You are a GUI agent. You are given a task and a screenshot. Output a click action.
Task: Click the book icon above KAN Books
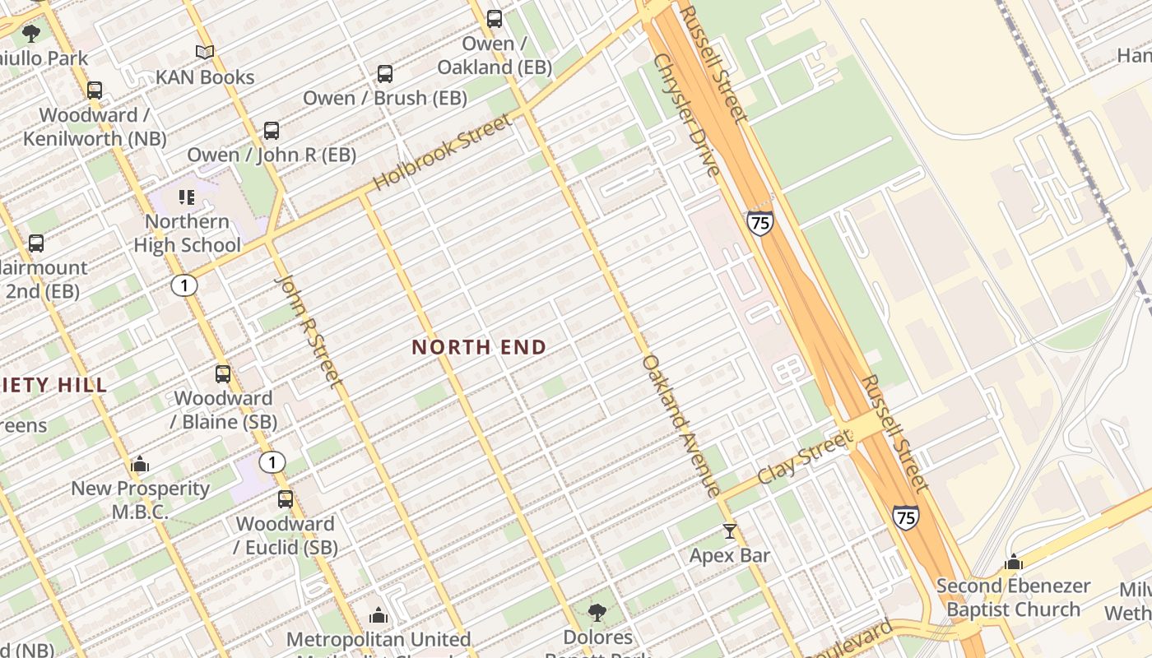click(205, 53)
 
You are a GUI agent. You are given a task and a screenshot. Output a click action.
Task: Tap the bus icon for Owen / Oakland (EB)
click(494, 18)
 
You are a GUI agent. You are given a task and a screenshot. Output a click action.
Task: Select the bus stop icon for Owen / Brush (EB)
click(384, 74)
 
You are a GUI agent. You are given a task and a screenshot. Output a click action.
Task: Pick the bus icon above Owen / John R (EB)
click(271, 131)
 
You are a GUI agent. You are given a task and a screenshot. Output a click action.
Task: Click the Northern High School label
click(187, 233)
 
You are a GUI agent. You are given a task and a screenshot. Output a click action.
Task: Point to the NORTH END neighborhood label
click(479, 347)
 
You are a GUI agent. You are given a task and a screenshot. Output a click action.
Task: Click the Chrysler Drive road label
click(686, 115)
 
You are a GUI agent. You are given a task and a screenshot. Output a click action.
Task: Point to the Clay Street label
click(804, 458)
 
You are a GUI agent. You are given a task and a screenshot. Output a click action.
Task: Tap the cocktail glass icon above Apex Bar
click(729, 531)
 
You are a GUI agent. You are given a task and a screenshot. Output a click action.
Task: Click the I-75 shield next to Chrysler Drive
click(760, 223)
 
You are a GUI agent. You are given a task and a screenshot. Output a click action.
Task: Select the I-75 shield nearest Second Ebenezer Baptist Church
click(905, 517)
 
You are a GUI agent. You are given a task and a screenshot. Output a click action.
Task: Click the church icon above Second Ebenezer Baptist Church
click(1014, 563)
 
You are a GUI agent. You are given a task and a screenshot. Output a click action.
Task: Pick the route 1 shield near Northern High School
click(184, 285)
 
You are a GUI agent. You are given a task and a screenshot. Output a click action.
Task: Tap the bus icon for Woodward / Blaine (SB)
click(222, 374)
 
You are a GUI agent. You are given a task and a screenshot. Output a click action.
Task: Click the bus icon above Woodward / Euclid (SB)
click(285, 499)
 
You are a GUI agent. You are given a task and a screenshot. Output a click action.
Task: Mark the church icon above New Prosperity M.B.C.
click(140, 465)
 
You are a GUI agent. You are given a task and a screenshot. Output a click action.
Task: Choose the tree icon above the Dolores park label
click(597, 613)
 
